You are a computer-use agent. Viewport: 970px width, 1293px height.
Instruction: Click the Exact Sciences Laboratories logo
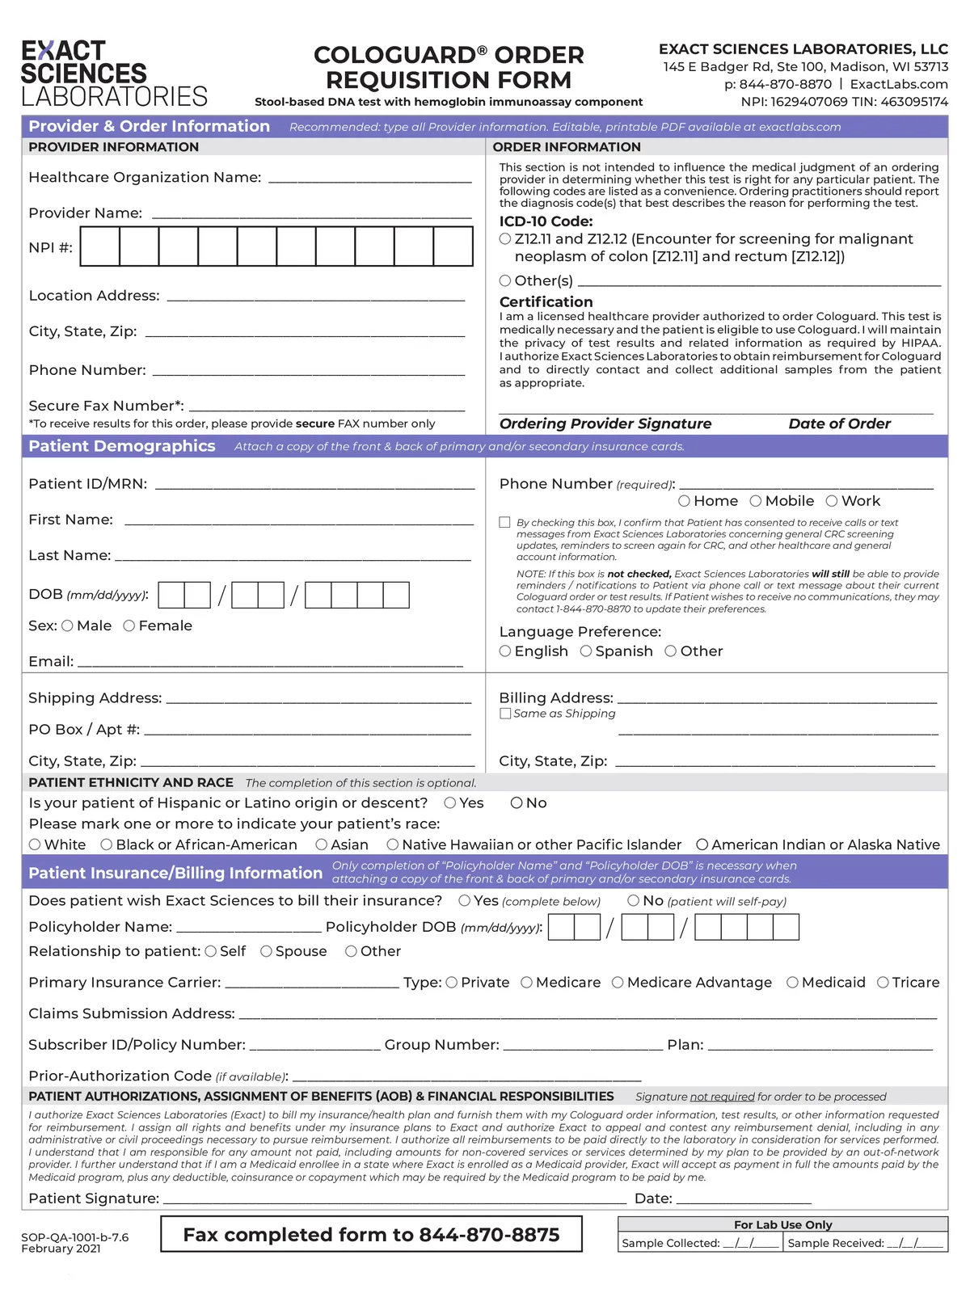pos(114,74)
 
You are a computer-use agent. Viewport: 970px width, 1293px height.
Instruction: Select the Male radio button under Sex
pos(67,625)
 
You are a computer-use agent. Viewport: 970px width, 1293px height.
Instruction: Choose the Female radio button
pos(129,625)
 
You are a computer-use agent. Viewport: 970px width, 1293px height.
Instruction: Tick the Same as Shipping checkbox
pos(505,714)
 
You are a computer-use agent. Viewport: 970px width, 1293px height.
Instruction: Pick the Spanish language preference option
pos(586,651)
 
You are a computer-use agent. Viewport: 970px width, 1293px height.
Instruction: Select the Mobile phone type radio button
pos(756,501)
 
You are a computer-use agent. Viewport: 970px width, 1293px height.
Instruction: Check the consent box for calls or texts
pos(505,523)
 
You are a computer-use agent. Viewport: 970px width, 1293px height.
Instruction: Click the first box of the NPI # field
pos(100,246)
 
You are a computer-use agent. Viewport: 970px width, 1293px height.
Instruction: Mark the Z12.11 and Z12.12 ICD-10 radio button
pos(505,239)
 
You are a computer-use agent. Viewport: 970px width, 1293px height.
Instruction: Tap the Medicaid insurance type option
pos(792,983)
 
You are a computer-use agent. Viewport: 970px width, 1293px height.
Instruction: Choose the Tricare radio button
pos(883,983)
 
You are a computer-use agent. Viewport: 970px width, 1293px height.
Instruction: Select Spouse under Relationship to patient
pos(266,952)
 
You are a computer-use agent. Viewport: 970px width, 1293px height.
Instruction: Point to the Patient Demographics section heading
pos(122,446)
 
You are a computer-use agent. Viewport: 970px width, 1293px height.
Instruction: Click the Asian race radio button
pos(322,844)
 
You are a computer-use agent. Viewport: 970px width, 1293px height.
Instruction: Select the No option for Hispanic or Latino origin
pos(517,803)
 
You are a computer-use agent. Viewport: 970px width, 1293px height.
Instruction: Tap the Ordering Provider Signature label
pos(605,423)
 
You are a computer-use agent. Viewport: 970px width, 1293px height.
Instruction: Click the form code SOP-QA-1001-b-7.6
pos(74,1237)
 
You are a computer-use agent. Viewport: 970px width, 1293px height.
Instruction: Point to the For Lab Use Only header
pos(782,1224)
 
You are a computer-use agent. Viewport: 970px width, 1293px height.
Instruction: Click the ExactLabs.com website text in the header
pos(899,84)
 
